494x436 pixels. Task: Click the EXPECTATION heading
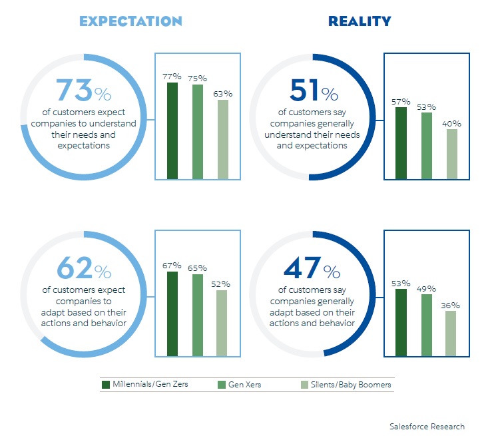pyautogui.click(x=130, y=21)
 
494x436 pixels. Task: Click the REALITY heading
pyautogui.click(x=360, y=21)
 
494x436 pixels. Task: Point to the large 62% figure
pyautogui.click(x=84, y=269)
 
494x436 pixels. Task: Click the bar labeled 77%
pyautogui.click(x=172, y=130)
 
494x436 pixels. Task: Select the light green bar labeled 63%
pyautogui.click(x=223, y=139)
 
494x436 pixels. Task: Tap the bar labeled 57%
pyautogui.click(x=401, y=143)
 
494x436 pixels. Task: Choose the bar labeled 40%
pyautogui.click(x=452, y=154)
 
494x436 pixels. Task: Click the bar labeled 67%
pyautogui.click(x=172, y=314)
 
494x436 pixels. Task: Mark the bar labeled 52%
pyautogui.click(x=223, y=323)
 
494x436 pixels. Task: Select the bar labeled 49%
pyautogui.click(x=427, y=325)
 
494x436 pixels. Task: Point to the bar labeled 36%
pyautogui.click(x=451, y=333)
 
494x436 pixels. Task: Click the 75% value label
pyautogui.click(x=198, y=78)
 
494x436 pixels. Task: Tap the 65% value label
pyautogui.click(x=198, y=268)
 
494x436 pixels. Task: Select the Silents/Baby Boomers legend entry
pyautogui.click(x=346, y=384)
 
